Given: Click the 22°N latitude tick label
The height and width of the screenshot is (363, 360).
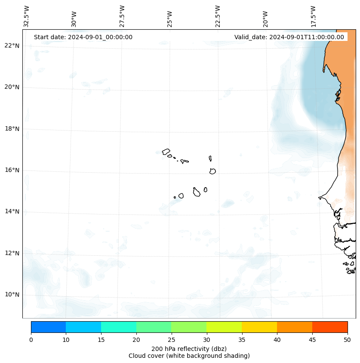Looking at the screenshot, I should [x=12, y=46].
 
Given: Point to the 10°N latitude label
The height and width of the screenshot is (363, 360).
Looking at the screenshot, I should [x=12, y=295].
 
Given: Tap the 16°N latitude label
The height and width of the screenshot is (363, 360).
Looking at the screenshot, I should [x=12, y=170].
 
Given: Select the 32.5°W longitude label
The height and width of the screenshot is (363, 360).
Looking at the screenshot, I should [x=26, y=16].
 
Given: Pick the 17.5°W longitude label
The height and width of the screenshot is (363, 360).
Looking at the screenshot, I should [x=313, y=16].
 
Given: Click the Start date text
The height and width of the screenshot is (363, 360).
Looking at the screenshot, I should [x=83, y=37].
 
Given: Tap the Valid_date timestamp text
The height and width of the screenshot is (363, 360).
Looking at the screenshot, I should [x=289, y=37].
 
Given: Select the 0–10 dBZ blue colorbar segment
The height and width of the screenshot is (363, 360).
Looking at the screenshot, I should [x=48, y=327].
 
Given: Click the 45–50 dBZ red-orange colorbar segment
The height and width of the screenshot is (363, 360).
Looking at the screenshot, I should [x=330, y=327].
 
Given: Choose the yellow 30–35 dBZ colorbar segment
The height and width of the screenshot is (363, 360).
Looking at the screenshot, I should [x=224, y=327].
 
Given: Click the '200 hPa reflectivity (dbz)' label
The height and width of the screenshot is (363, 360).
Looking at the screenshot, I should [x=189, y=348].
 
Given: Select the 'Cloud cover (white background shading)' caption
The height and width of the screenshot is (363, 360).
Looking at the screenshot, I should [x=189, y=356].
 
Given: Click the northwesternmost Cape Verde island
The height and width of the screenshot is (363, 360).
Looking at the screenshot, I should [x=166, y=152].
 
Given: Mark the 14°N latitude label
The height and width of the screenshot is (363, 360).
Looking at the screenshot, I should [x=12, y=211].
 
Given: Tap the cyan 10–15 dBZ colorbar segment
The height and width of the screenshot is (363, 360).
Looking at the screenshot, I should [x=83, y=327].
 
